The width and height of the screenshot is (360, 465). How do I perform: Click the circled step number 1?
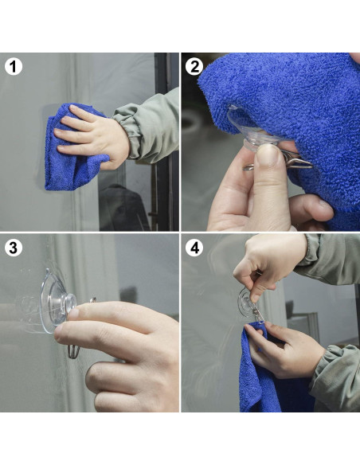coord(13,66)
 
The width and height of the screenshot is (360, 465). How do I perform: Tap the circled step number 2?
coord(194,66)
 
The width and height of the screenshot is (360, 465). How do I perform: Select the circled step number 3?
coord(13,247)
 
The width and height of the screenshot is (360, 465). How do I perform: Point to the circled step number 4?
coord(194,247)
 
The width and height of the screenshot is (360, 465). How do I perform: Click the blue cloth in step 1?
coord(64,163)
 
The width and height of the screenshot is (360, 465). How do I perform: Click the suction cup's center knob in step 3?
coord(69,303)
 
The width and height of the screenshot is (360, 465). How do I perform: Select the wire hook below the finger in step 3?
coord(73,350)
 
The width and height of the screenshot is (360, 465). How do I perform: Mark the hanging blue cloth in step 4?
coord(263,382)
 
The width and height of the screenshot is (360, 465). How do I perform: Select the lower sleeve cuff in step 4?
coord(331,374)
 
